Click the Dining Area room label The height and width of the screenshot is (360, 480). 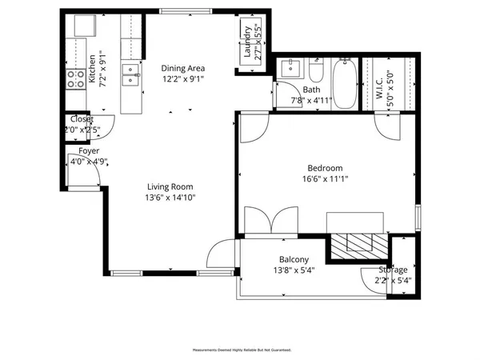click(183, 68)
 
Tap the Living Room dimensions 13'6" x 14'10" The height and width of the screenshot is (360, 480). click(170, 198)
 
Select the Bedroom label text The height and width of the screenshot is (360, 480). click(326, 168)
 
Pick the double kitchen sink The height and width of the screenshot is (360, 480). click(130, 75)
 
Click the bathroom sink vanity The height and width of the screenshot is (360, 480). click(291, 67)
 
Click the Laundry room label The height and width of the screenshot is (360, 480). click(247, 46)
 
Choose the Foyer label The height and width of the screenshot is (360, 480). click(89, 151)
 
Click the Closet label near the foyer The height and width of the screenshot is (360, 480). click(82, 119)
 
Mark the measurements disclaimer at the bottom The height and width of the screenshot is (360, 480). click(241, 350)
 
